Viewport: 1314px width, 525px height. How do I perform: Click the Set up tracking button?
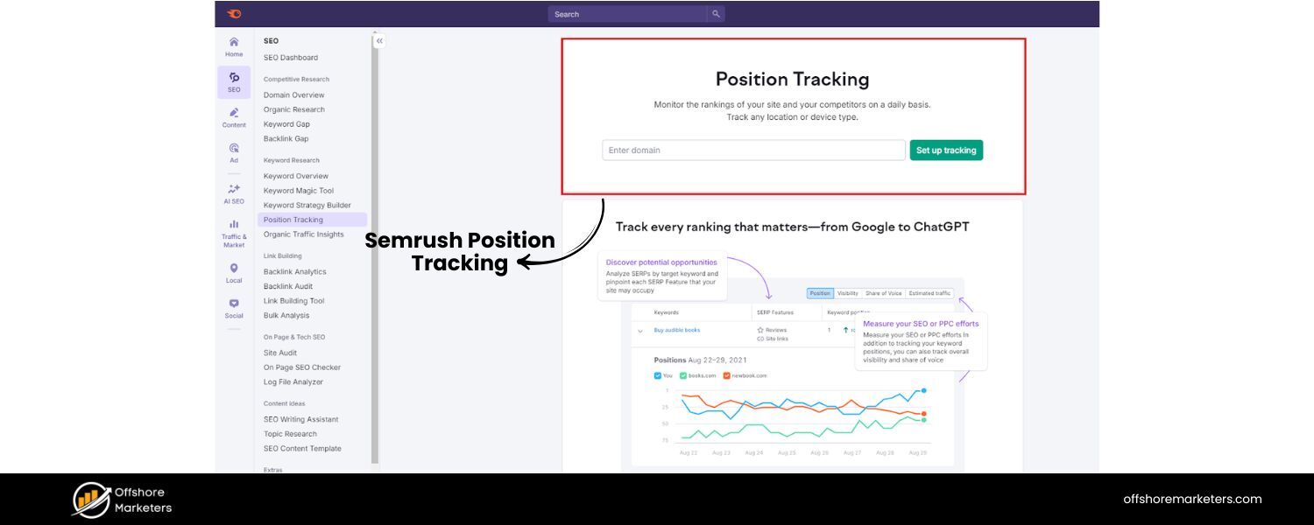946,150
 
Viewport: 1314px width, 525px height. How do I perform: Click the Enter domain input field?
753,150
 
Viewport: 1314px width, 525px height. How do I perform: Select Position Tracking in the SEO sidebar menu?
293,220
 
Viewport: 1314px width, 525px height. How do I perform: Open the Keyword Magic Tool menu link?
299,191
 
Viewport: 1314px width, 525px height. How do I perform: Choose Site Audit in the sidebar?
280,353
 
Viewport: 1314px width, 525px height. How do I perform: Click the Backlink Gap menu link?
286,138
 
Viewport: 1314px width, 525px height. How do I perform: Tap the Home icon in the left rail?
234,42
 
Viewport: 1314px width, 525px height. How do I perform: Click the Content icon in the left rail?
234,113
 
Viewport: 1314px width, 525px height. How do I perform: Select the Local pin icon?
234,269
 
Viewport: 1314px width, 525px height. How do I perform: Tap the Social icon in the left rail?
234,304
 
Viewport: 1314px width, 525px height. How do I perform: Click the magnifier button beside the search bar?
716,14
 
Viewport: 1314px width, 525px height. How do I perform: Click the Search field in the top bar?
627,14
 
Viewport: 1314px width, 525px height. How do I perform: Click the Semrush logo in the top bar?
234,14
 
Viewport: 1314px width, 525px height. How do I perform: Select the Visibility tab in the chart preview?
847,293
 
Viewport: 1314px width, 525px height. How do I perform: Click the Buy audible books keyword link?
677,330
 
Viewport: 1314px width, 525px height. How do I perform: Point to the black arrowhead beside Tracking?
523,262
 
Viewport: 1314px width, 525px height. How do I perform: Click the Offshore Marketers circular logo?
91,500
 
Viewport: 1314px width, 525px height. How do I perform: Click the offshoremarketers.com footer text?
1192,499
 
